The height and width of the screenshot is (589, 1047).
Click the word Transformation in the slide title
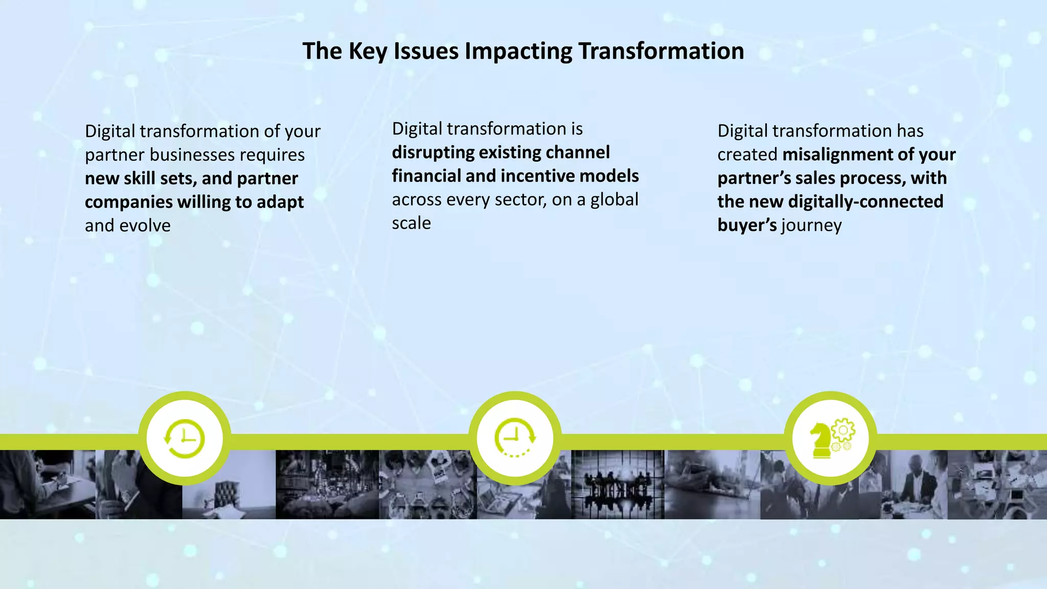click(x=661, y=51)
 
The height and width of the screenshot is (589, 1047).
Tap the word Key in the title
click(x=368, y=51)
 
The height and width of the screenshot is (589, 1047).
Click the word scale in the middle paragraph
click(x=412, y=223)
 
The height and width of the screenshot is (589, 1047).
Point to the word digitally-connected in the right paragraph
click(x=866, y=201)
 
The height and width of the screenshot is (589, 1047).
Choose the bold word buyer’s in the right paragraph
click(x=747, y=225)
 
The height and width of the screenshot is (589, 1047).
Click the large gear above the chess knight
click(x=843, y=430)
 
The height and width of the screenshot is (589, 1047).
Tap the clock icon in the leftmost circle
click(x=185, y=439)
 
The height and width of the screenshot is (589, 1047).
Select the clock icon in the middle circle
click(x=515, y=437)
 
